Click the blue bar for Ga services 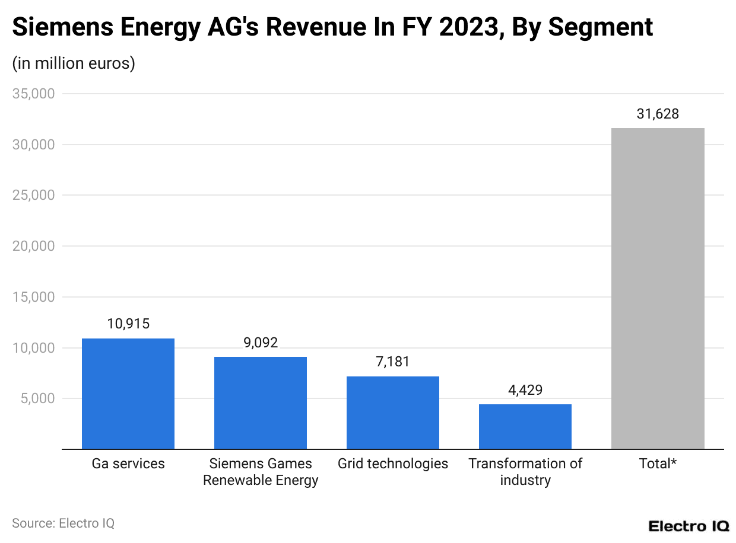coord(128,394)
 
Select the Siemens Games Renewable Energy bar coord(261,403)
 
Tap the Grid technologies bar coord(393,413)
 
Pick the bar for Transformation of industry coord(525,426)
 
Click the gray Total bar coord(658,288)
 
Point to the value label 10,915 coord(128,324)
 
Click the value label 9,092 coord(261,343)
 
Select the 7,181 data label coord(393,362)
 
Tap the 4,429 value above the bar coord(525,389)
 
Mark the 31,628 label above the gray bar coord(658,114)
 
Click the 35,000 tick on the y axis coord(34,94)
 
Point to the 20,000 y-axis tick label coord(34,246)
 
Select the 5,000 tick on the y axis coord(37,398)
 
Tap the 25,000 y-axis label coord(34,195)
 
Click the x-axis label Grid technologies coord(393,464)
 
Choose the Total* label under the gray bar coord(658,464)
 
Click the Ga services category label coord(128,464)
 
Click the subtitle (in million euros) coord(74,63)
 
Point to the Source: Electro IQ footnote coord(63,523)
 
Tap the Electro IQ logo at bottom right coord(689,526)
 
